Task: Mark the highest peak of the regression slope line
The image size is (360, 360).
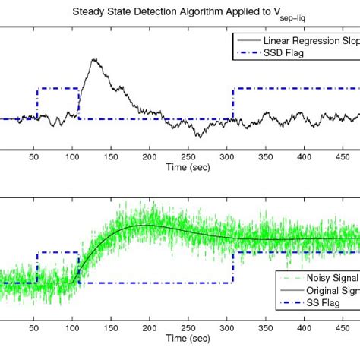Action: tap(93, 60)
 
